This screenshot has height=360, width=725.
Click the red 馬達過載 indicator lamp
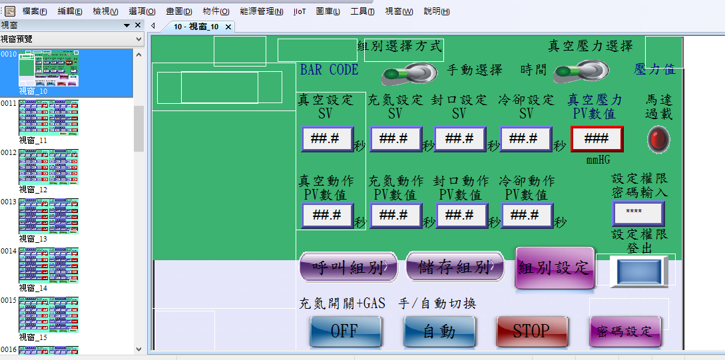point(659,139)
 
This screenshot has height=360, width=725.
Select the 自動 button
point(439,331)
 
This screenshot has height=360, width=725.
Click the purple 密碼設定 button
point(625,331)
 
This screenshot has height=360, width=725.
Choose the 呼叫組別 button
point(348,268)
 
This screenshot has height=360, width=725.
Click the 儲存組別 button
point(455,268)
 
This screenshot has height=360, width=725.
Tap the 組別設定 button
point(555,268)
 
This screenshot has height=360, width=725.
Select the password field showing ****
point(638,213)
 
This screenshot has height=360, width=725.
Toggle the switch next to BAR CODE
point(407,72)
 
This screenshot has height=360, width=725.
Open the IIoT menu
point(300,11)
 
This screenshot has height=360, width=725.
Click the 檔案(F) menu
point(35,11)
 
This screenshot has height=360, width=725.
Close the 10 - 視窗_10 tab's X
point(228,27)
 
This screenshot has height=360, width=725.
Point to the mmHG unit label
point(599,160)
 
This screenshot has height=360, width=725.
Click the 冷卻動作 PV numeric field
point(527,215)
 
